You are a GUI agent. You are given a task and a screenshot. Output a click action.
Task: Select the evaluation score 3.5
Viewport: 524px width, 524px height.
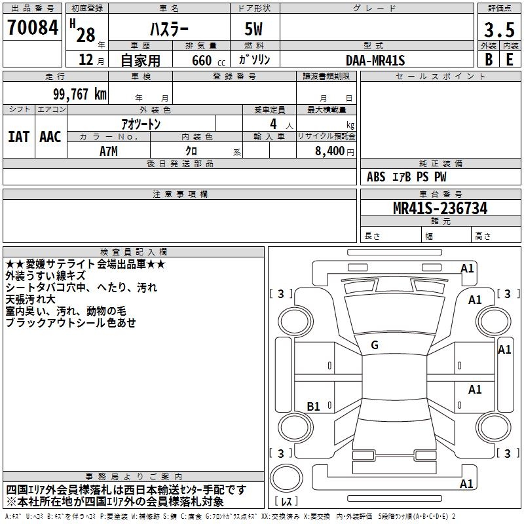pyautogui.click(x=498, y=31)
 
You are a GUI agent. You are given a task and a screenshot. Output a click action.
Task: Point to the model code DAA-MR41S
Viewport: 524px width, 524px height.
pyautogui.click(x=375, y=60)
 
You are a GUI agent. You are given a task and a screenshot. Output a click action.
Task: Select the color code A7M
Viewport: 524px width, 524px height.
pyautogui.click(x=109, y=151)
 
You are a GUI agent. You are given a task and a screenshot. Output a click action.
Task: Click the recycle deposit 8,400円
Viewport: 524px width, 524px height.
pyautogui.click(x=334, y=151)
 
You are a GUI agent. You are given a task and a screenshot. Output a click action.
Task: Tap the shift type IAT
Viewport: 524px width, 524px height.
pyautogui.click(x=18, y=137)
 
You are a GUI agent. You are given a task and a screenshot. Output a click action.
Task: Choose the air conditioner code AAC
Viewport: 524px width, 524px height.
pyautogui.click(x=50, y=137)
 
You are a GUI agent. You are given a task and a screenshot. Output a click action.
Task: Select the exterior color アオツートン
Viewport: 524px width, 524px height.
pyautogui.click(x=141, y=123)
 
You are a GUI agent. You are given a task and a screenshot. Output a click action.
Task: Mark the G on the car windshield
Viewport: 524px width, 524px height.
pyautogui.click(x=375, y=345)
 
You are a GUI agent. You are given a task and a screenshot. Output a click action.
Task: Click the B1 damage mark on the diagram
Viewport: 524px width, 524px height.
pyautogui.click(x=314, y=407)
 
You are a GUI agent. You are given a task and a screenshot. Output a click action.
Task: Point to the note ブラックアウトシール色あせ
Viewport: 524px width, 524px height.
pyautogui.click(x=71, y=323)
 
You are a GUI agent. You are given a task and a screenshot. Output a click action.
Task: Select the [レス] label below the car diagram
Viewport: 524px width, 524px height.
pyautogui.click(x=287, y=502)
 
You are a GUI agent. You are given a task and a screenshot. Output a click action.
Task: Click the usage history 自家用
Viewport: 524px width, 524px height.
pyautogui.click(x=141, y=60)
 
